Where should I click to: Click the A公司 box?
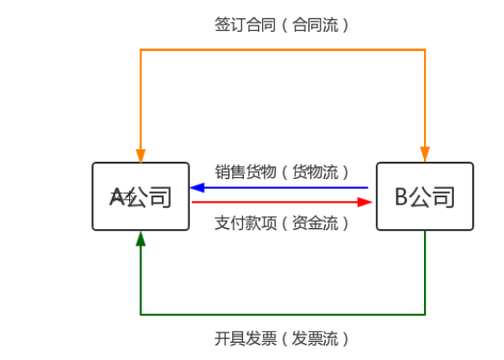coord(140,196)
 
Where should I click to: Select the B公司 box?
coord(425,196)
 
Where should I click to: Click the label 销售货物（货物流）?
coord(282,171)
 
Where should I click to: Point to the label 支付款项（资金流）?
coord(282,223)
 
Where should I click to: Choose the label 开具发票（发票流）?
coord(282,339)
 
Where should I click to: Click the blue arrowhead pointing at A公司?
coord(197,188)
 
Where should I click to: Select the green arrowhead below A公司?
coord(140,238)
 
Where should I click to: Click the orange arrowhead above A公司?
coord(140,155)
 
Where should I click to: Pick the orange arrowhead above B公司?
coord(425,155)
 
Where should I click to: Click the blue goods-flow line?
coord(282,188)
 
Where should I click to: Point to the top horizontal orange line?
coord(282,49)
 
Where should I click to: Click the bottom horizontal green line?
coord(282,315)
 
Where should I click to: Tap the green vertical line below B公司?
coord(425,273)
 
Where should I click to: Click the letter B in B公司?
coord(401,196)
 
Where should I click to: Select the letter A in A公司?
coord(116,196)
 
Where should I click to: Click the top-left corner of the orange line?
coord(140,49)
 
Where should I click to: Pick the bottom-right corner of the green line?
coord(425,315)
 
